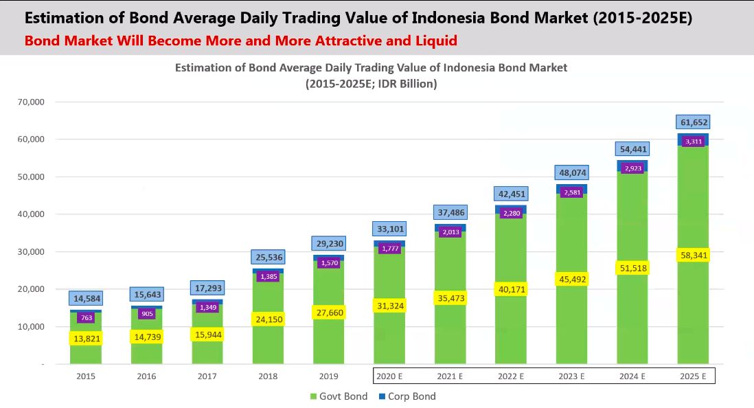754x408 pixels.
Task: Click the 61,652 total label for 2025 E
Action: click(693, 122)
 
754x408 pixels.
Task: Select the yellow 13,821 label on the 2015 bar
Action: click(86, 338)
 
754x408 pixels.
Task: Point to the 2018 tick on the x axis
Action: click(268, 376)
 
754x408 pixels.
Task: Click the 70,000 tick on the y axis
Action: click(30, 102)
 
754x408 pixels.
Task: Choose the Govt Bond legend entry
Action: click(339, 396)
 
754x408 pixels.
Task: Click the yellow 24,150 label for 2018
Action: click(268, 319)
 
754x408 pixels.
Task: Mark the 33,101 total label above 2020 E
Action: click(389, 229)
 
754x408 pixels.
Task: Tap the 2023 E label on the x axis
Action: click(571, 376)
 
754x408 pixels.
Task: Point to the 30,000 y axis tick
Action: click(30, 251)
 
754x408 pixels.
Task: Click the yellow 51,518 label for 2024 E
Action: click(632, 268)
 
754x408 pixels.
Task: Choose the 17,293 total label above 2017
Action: click(207, 288)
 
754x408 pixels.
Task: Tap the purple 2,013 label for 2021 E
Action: click(450, 232)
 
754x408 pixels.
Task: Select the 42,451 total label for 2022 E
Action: click(510, 193)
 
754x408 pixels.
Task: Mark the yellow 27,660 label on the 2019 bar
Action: click(328, 313)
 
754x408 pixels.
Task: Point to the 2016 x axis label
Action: click(146, 376)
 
